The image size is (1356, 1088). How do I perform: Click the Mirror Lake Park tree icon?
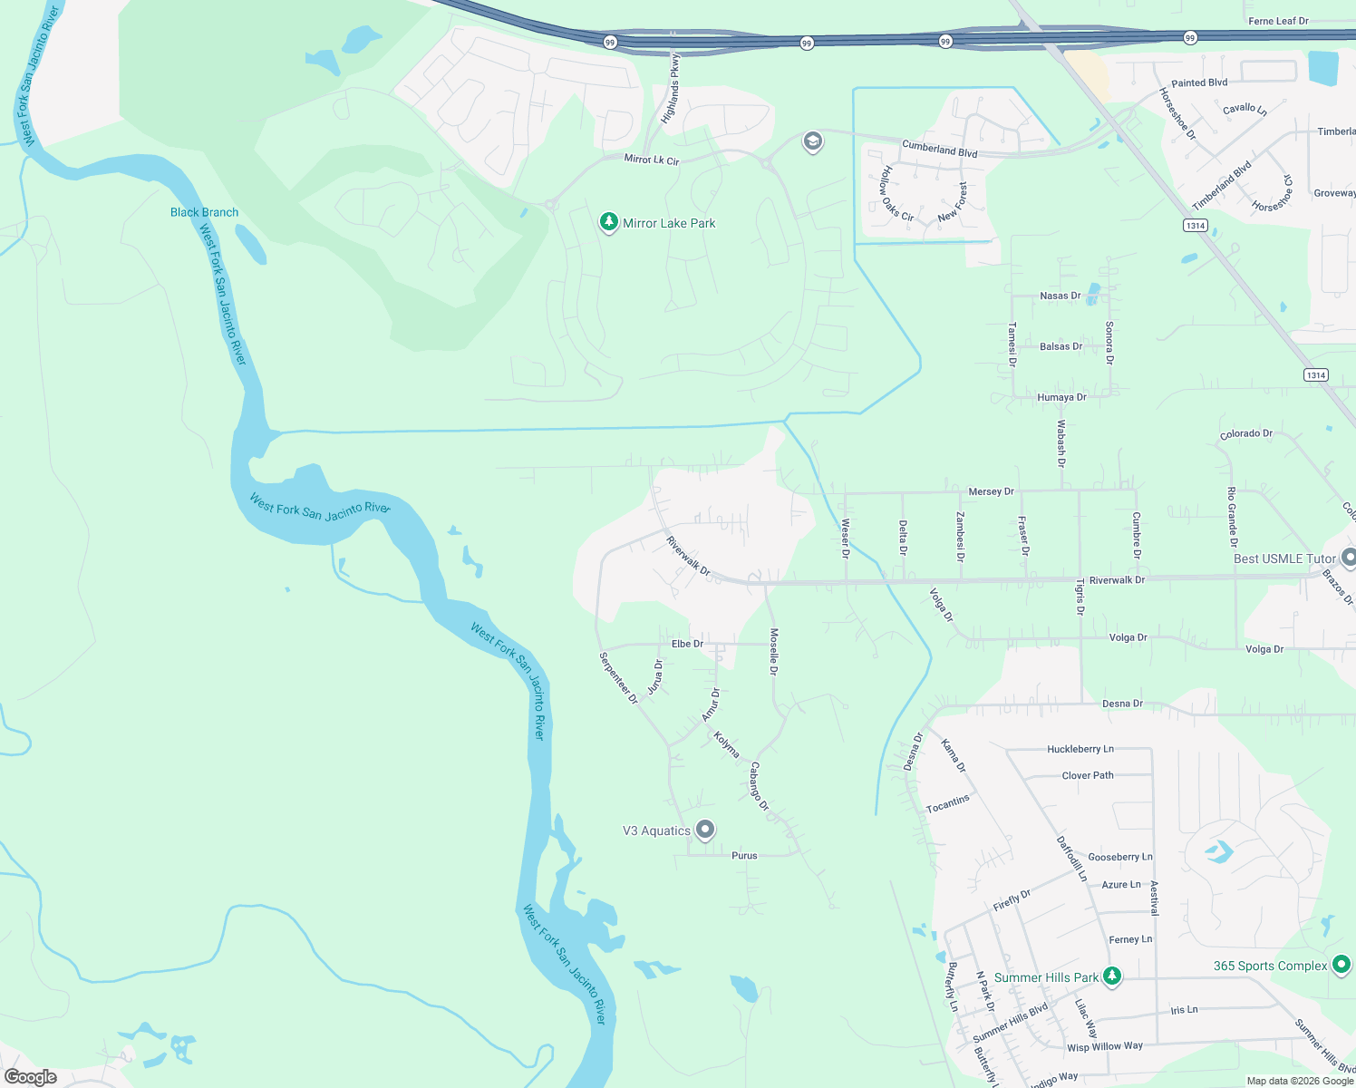tap(609, 222)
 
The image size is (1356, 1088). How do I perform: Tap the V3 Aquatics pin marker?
tap(705, 830)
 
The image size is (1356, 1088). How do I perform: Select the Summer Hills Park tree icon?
tap(1112, 976)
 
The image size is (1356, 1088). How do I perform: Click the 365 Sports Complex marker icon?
tap(1341, 965)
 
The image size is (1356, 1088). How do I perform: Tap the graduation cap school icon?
tap(812, 141)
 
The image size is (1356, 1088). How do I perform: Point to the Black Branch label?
tap(205, 212)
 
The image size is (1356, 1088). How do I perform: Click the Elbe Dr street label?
tap(687, 644)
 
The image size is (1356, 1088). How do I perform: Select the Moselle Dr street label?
tap(773, 651)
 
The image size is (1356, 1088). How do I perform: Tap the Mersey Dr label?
tap(991, 491)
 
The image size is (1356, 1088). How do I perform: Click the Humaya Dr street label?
tap(1061, 397)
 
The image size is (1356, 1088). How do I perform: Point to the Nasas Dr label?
tap(1060, 296)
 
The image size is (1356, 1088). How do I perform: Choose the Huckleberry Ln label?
tap(1080, 749)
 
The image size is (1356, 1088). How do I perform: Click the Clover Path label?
tap(1088, 775)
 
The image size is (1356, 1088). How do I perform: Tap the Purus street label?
tap(744, 855)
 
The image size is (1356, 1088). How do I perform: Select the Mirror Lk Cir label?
tap(651, 160)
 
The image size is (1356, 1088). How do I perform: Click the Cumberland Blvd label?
tap(939, 149)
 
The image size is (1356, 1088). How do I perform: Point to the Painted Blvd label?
tap(1199, 83)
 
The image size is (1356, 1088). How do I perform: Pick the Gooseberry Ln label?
tap(1119, 857)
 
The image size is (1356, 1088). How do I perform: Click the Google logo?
tap(31, 1077)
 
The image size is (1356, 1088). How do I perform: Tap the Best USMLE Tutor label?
tap(1283, 559)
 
